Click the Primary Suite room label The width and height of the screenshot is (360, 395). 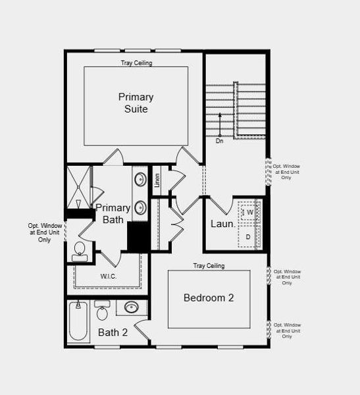(x=136, y=103)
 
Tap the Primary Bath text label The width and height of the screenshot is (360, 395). (x=113, y=213)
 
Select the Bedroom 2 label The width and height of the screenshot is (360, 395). (x=209, y=298)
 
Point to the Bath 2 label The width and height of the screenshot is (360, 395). (x=113, y=332)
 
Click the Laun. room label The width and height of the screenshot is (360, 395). (x=223, y=224)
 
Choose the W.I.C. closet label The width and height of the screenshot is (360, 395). (x=108, y=276)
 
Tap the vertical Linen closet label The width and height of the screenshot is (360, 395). (x=157, y=180)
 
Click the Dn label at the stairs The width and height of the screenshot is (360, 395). (x=219, y=140)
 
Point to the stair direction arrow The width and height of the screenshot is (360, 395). (x=220, y=124)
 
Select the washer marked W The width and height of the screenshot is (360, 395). (x=249, y=213)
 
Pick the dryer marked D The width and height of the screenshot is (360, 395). (x=248, y=236)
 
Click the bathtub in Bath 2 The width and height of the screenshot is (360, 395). (x=79, y=322)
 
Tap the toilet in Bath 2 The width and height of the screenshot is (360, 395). (x=102, y=311)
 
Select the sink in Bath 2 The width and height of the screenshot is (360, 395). (x=132, y=307)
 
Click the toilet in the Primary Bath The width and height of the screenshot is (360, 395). (x=80, y=251)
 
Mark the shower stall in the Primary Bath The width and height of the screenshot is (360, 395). (x=78, y=187)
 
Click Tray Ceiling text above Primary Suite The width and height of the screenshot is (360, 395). (x=136, y=63)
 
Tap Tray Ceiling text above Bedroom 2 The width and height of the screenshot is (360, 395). (x=209, y=266)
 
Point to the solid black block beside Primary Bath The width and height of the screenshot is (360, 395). (x=138, y=237)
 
